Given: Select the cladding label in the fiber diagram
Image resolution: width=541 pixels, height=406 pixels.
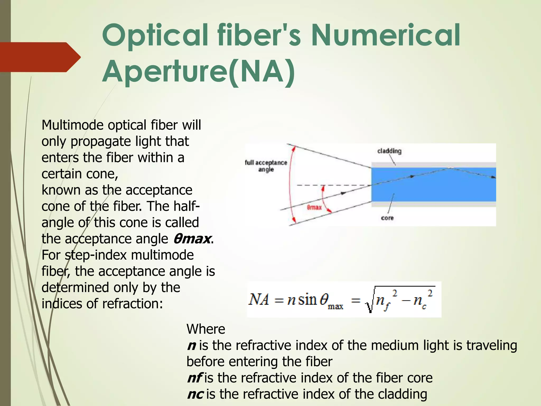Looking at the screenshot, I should click(x=389, y=151).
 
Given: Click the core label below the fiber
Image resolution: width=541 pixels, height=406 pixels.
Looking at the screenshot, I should click(x=387, y=218).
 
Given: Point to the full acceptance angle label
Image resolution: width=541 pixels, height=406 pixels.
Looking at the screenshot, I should click(x=266, y=166).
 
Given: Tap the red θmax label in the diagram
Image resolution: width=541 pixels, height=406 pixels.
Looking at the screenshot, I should click(x=314, y=207).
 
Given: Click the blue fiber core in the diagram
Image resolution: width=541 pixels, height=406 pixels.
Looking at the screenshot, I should click(x=433, y=185).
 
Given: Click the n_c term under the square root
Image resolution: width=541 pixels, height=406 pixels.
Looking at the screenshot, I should click(x=420, y=301).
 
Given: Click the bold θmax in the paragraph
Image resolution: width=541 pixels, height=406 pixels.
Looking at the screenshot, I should click(x=192, y=239).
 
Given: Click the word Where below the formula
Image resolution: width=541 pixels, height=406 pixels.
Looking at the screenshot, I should click(x=206, y=329).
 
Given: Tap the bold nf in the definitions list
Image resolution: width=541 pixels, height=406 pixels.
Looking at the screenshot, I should click(x=194, y=378).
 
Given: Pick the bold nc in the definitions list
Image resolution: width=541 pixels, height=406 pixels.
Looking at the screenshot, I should click(x=195, y=394).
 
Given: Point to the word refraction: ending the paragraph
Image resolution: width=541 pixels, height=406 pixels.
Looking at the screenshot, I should click(x=132, y=304).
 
